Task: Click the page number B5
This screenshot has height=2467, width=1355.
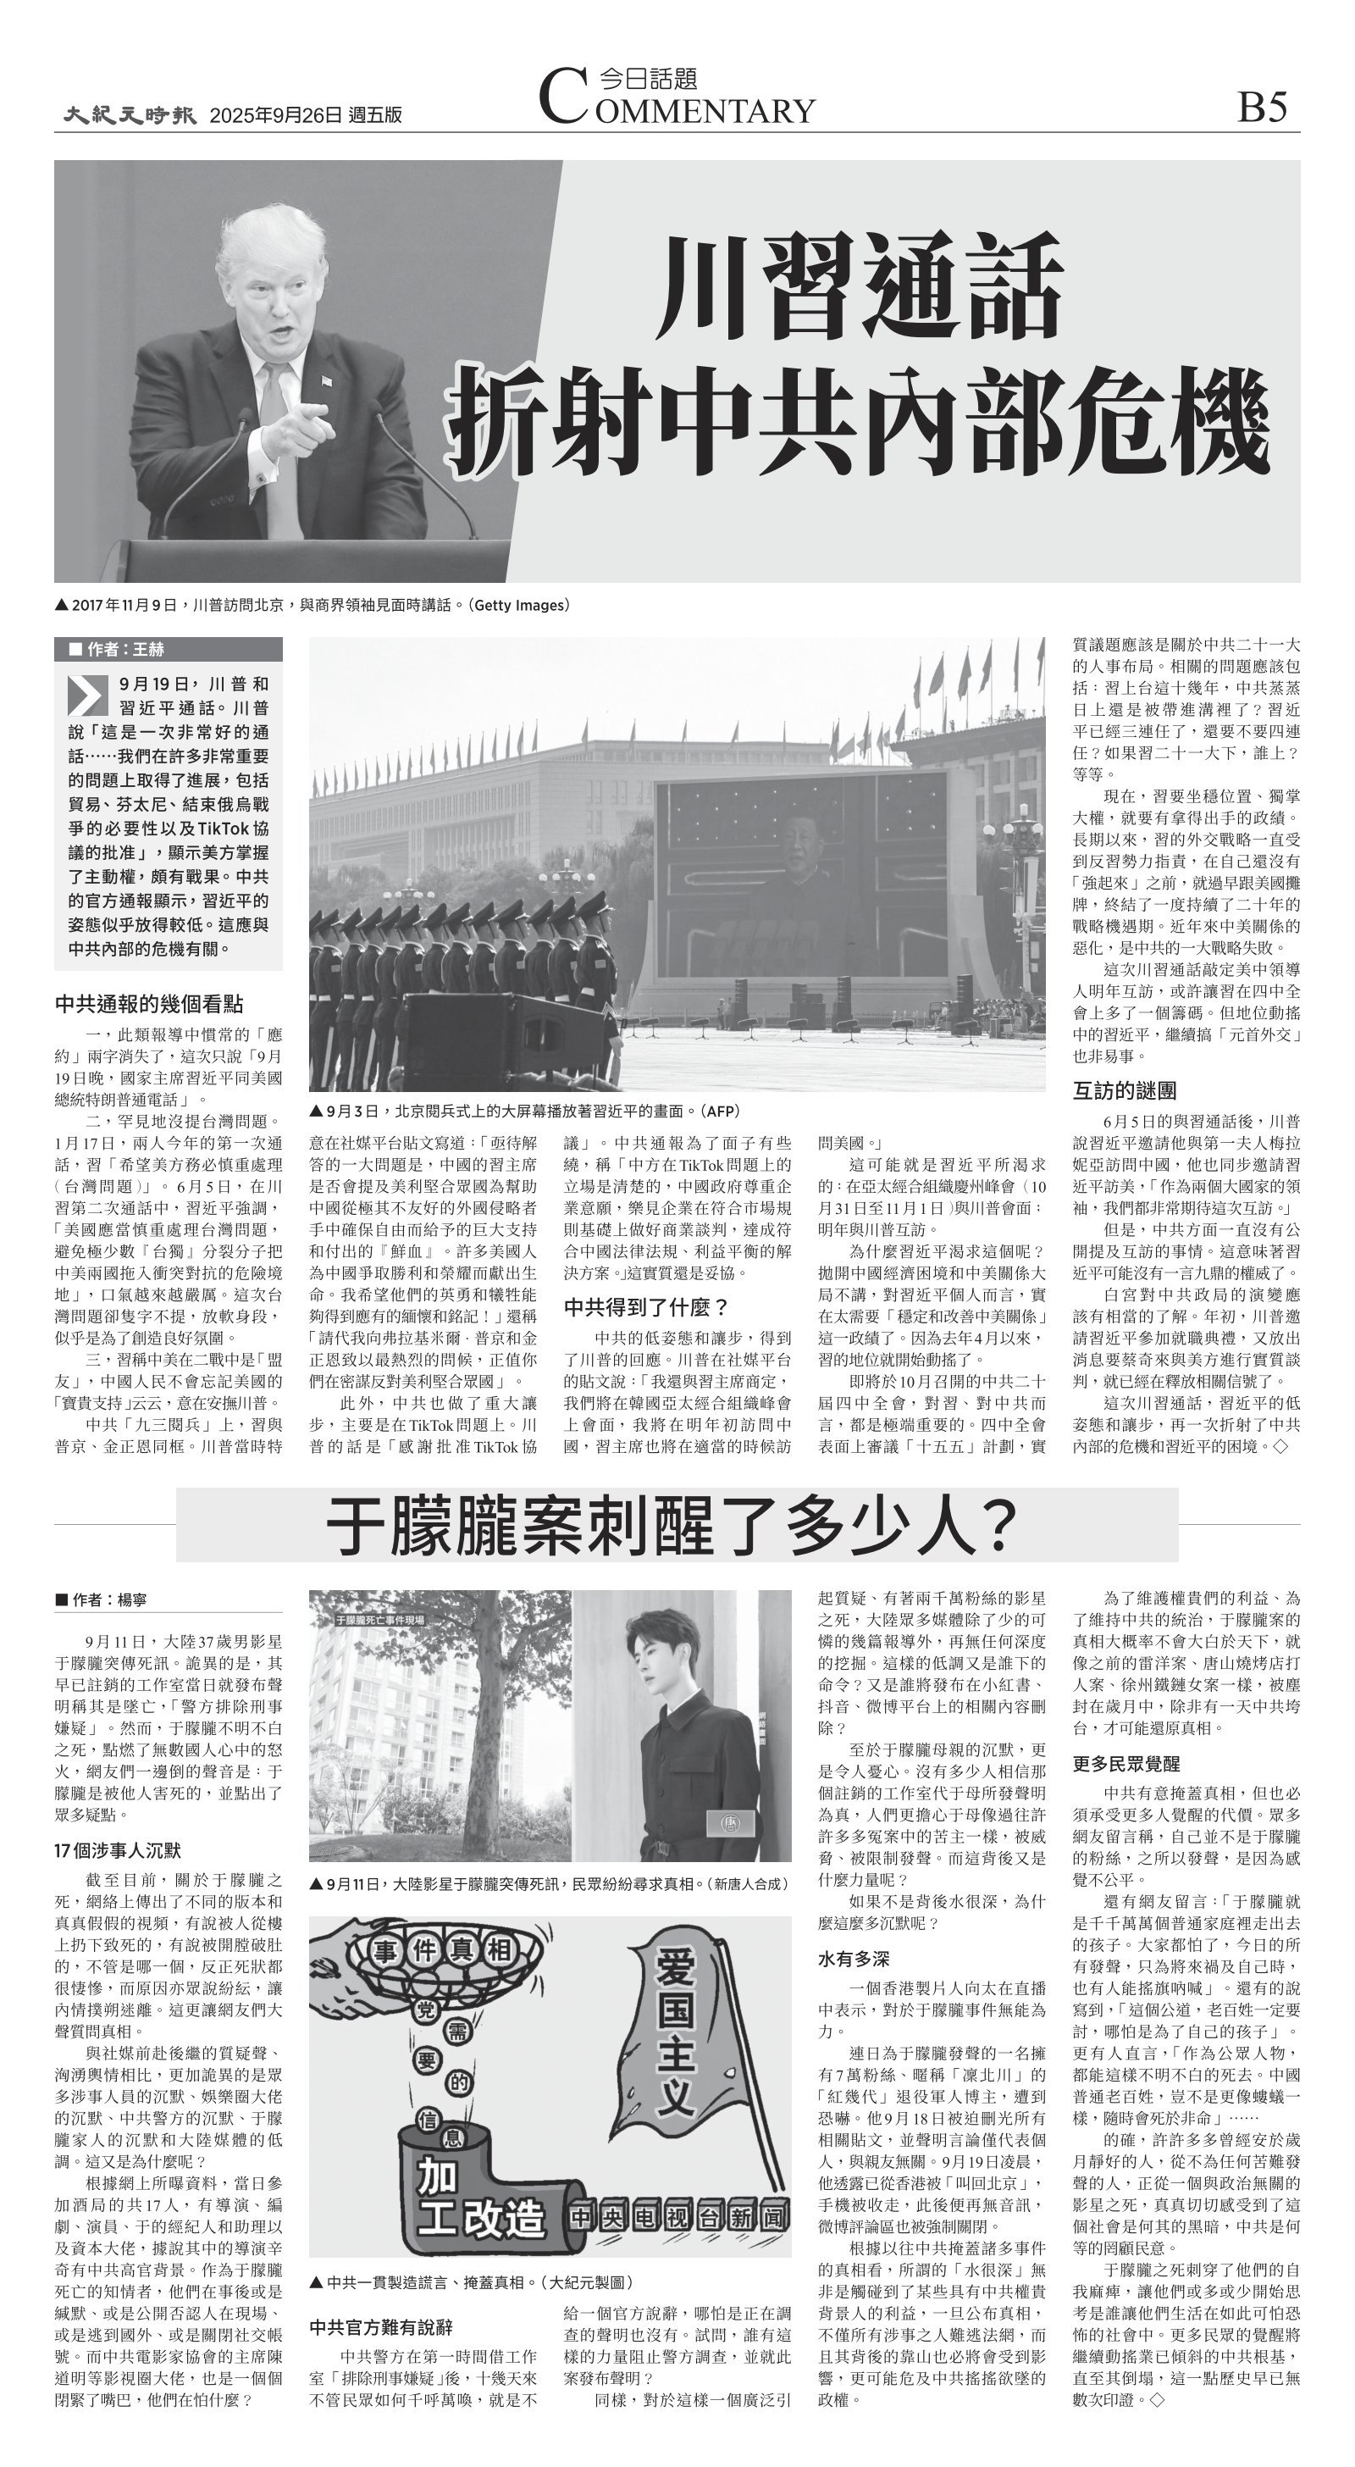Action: [x=1261, y=108]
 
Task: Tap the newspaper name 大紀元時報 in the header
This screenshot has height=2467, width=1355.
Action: [x=130, y=115]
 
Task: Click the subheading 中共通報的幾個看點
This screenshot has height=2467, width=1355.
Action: [x=149, y=1004]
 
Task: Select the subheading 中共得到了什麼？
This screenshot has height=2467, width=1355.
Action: [x=646, y=1307]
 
